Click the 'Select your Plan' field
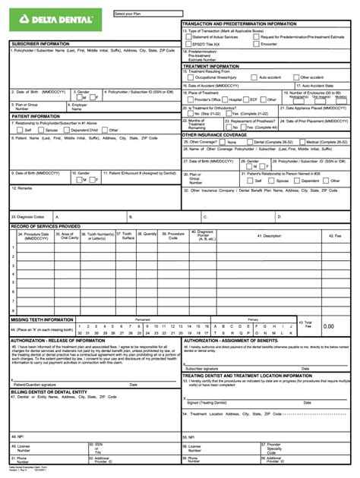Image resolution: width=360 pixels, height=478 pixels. pos(148,14)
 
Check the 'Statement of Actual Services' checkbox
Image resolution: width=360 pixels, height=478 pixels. pos(189,36)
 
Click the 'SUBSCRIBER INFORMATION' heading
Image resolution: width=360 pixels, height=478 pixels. pos(39,43)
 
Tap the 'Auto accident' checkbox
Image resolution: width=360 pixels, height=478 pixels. pos(256,77)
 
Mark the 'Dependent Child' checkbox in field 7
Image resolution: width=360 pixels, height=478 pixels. pos(66,130)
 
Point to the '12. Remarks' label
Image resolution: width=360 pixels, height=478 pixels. pos(21,187)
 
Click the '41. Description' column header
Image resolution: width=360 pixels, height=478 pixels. pos(272,236)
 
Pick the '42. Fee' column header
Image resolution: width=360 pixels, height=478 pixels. pos(335,236)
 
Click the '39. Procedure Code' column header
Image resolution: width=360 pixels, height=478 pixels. pos(175,236)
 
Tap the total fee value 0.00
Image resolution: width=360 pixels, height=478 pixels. pos(328,326)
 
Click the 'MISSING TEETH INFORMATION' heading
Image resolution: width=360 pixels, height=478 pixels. pos(42,319)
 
